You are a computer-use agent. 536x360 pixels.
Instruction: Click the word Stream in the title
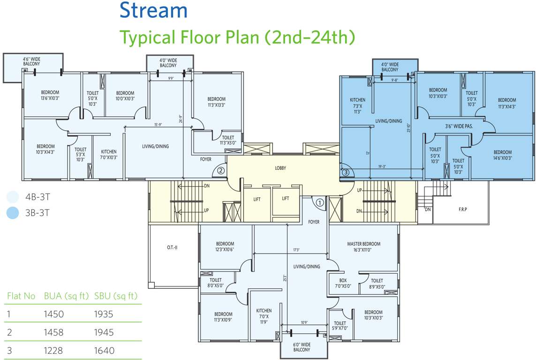coord(153,10)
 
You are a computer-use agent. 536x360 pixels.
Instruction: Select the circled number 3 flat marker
coord(345,172)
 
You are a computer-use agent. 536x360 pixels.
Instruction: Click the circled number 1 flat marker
coord(319,203)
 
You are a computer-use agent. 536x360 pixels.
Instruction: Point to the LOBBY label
coord(280,168)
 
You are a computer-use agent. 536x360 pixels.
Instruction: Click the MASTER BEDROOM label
coord(363,244)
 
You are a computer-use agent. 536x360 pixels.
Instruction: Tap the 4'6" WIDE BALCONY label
coord(32,62)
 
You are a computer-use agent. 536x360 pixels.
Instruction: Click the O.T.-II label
coord(172,247)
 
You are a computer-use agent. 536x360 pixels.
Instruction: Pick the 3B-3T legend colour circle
coord(14,213)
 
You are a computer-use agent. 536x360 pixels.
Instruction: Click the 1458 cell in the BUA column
coord(53,332)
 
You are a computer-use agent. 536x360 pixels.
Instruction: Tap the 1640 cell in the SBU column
coord(104,351)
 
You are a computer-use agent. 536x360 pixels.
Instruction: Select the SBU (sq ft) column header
coord(115,296)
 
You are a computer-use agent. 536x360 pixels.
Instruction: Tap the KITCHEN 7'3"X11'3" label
coord(357,105)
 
